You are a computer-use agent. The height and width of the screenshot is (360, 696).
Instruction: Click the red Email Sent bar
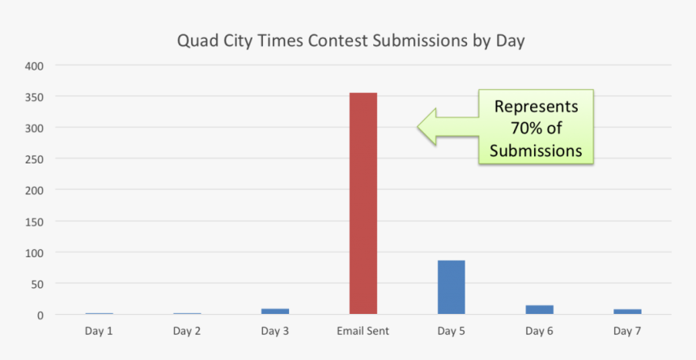pyautogui.click(x=363, y=203)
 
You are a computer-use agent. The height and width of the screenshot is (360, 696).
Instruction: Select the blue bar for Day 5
pyautogui.click(x=451, y=287)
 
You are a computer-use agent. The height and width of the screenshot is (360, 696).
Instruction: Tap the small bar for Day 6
pyautogui.click(x=539, y=309)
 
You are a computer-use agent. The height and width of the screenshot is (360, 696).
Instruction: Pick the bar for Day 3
pyautogui.click(x=275, y=311)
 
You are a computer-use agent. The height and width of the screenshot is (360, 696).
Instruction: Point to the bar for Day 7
pyautogui.click(x=627, y=311)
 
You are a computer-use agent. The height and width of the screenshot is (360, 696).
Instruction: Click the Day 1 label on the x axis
pyautogui.click(x=99, y=331)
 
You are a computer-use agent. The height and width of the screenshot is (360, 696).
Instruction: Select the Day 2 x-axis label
pyautogui.click(x=187, y=331)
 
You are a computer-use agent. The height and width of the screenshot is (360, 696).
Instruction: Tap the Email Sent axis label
pyautogui.click(x=363, y=331)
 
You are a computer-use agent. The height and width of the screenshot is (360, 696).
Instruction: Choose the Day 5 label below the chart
pyautogui.click(x=451, y=331)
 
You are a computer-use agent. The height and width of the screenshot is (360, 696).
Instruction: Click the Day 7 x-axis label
pyautogui.click(x=627, y=331)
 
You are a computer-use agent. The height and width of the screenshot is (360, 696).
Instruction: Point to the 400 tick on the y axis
pyautogui.click(x=35, y=66)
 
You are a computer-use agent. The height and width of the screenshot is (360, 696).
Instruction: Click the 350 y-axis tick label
pyautogui.click(x=35, y=97)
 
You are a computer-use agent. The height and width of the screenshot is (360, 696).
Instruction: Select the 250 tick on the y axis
pyautogui.click(x=35, y=159)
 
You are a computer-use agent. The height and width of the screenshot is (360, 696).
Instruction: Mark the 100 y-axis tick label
pyautogui.click(x=35, y=252)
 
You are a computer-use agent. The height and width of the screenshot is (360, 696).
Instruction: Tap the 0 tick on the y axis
pyautogui.click(x=40, y=316)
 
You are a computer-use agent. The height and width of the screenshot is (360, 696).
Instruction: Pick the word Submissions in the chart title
pyautogui.click(x=419, y=40)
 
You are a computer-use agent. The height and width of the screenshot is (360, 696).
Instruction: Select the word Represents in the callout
pyautogui.click(x=537, y=107)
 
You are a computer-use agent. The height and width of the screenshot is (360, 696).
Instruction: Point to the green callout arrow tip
pyautogui.click(x=418, y=127)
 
